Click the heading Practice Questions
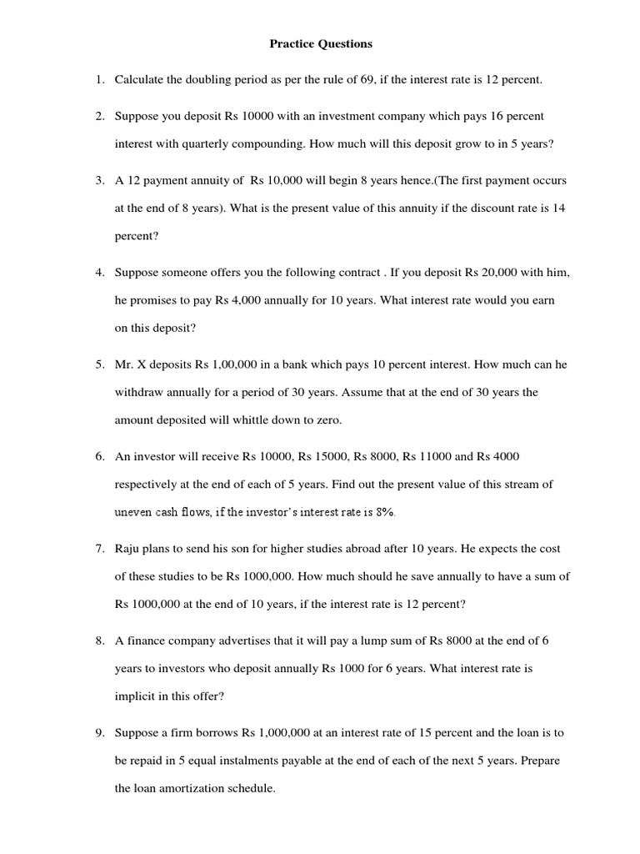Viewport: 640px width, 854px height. point(320,43)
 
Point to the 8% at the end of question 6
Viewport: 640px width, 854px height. point(385,512)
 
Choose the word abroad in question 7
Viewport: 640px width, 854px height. point(397,549)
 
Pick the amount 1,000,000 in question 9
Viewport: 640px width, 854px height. point(284,733)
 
